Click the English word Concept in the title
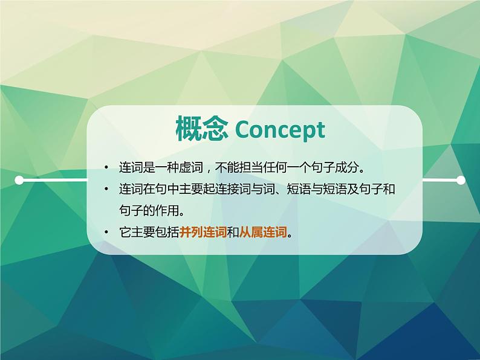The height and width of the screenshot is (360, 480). click(x=280, y=130)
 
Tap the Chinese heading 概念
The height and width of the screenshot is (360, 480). click(x=203, y=129)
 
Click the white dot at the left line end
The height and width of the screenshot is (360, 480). click(x=19, y=180)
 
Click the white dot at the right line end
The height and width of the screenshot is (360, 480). click(x=461, y=180)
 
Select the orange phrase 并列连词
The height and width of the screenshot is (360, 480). click(x=203, y=233)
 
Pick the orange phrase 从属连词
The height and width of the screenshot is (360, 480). click(x=263, y=233)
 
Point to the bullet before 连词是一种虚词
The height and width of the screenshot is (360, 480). click(x=106, y=167)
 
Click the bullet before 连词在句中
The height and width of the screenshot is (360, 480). click(x=106, y=188)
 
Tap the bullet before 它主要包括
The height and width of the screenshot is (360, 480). click(x=106, y=232)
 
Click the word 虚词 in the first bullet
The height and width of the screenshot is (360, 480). click(x=191, y=167)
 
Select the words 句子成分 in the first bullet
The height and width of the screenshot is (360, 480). click(x=334, y=167)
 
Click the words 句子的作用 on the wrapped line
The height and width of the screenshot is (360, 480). click(x=149, y=210)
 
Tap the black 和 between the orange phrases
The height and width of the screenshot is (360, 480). click(x=233, y=233)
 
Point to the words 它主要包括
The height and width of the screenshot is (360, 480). click(x=149, y=233)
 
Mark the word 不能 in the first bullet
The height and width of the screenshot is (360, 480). click(x=227, y=167)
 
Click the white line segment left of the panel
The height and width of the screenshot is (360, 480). click(x=53, y=181)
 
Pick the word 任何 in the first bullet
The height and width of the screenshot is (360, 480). click(x=275, y=167)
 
